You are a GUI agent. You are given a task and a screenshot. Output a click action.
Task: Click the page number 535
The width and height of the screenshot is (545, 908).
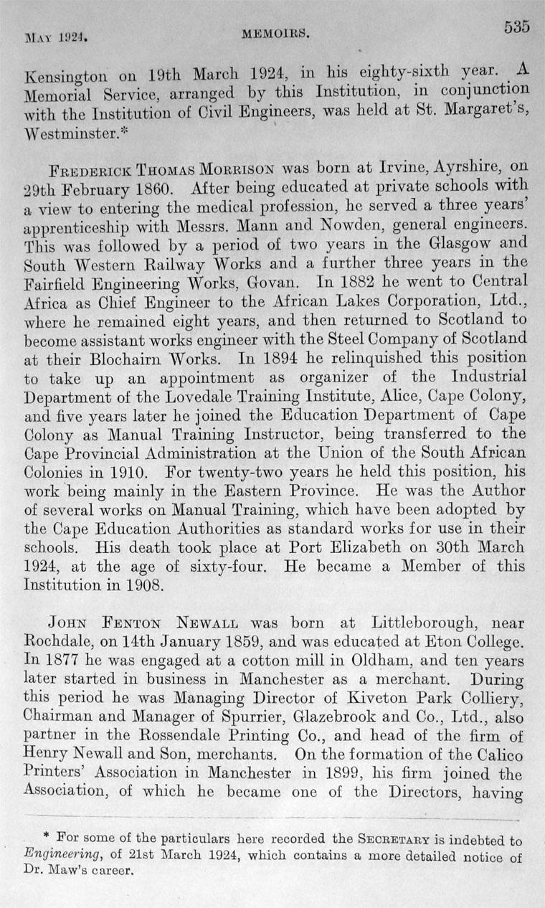pyautogui.click(x=516, y=27)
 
